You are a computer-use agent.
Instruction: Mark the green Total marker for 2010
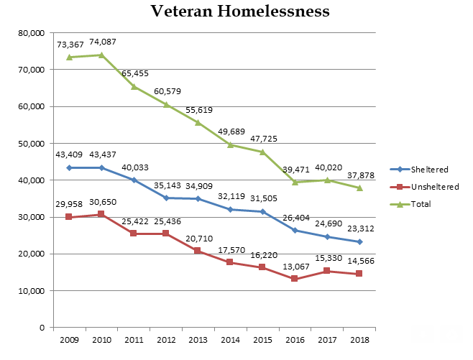pyautogui.click(x=101, y=55)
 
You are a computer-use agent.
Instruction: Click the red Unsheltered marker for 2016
pyautogui.click(x=295, y=279)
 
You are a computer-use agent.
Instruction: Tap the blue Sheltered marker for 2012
pyautogui.click(x=165, y=198)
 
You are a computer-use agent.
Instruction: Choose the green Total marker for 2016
pyautogui.click(x=295, y=182)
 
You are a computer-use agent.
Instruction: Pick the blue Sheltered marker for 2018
pyautogui.click(x=359, y=241)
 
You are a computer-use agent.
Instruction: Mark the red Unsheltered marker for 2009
pyautogui.click(x=69, y=217)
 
